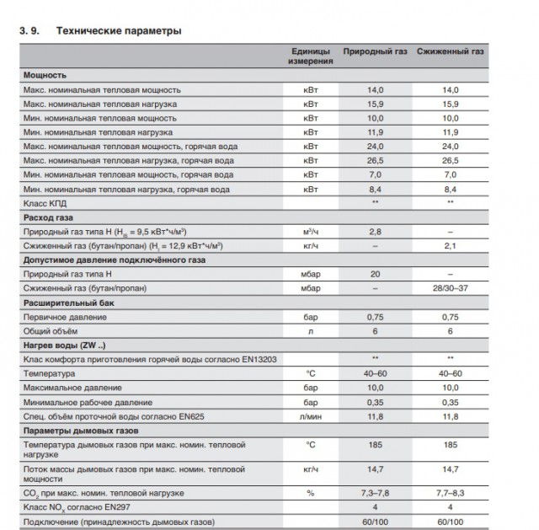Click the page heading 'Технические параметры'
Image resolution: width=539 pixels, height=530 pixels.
click(118, 31)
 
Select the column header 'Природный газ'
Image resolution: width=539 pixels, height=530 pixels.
click(375, 52)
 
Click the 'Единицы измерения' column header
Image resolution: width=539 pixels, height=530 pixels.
click(311, 57)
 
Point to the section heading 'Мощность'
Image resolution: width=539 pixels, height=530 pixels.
click(45, 75)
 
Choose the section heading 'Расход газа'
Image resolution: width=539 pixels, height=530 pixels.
click(51, 217)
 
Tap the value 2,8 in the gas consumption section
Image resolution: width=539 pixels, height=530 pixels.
click(375, 232)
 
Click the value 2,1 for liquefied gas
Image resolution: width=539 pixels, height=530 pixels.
click(451, 245)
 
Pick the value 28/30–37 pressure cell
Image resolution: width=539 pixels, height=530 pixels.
click(451, 288)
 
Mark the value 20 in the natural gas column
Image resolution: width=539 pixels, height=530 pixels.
click(375, 274)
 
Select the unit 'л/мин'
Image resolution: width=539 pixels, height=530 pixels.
click(311, 416)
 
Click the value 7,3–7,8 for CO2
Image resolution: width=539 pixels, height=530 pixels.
click(375, 492)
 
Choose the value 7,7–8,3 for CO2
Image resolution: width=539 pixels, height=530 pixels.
click(451, 492)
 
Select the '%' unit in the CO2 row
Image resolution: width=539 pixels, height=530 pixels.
click(311, 492)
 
